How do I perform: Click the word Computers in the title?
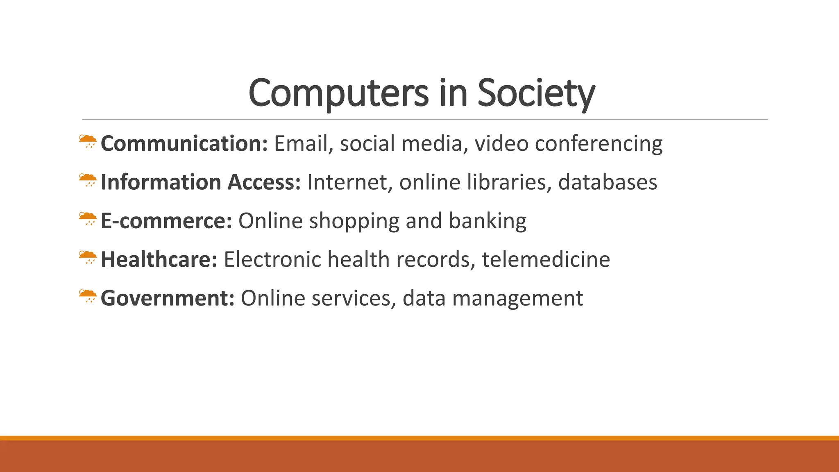coord(338,93)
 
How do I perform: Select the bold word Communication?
coord(184,143)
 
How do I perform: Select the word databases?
coord(608,182)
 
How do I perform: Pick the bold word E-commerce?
coord(166,221)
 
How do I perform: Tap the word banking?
coord(488,221)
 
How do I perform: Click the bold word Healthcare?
coord(159,259)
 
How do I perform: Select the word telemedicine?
coord(546,259)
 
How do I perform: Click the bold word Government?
coord(168,298)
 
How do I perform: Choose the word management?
coord(517,298)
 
